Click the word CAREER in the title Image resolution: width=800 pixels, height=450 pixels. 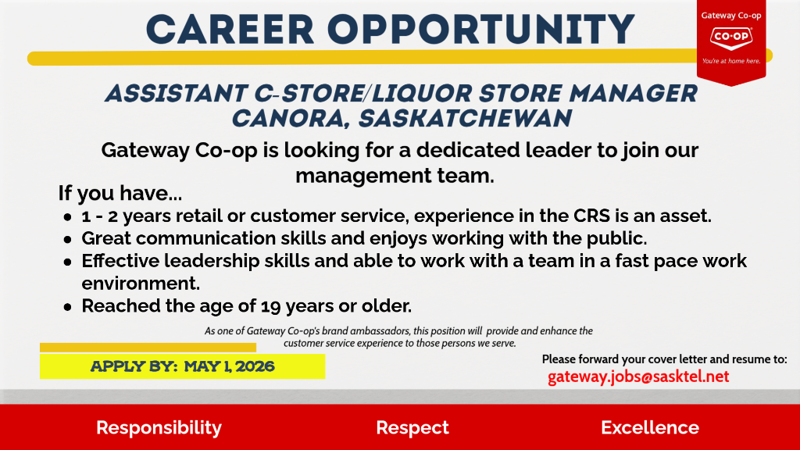coord(230,30)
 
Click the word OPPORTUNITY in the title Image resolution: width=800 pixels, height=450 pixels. coord(481,30)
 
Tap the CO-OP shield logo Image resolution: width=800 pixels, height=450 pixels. coord(731,37)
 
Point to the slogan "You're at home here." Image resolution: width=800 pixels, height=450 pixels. coord(731,61)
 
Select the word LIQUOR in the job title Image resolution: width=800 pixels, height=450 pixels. coord(421,94)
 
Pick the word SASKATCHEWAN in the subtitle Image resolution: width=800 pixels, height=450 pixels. coord(465,119)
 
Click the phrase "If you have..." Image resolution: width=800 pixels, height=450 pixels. coord(120,193)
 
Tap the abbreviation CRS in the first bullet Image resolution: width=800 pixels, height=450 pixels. coord(591,216)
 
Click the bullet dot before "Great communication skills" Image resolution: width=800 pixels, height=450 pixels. coord(68,239)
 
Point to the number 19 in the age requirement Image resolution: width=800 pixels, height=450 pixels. coord(271,306)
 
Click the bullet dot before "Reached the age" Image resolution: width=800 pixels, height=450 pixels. coord(68,307)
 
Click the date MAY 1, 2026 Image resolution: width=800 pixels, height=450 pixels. coord(229,366)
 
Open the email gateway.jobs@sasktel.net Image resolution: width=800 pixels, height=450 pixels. coord(638,377)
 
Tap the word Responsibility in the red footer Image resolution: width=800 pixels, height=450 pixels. coord(159,427)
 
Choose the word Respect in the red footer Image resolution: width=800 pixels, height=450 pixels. coord(412,427)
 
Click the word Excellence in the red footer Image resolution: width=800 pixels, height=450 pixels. coord(650,427)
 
